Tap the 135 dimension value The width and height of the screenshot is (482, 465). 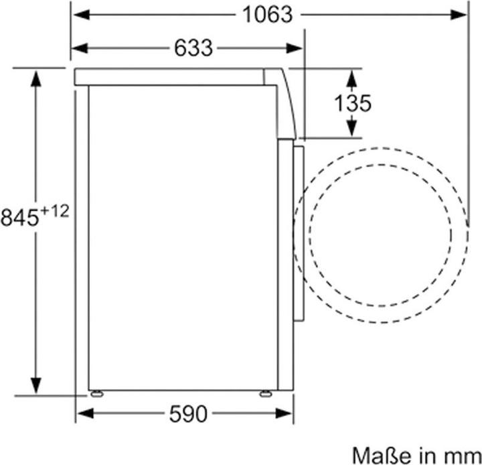pos(352,103)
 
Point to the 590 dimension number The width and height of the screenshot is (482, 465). pos(187,414)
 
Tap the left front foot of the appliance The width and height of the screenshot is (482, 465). pos(98,393)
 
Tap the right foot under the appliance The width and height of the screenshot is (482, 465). pos(266,393)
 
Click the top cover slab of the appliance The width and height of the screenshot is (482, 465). pos(167,76)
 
